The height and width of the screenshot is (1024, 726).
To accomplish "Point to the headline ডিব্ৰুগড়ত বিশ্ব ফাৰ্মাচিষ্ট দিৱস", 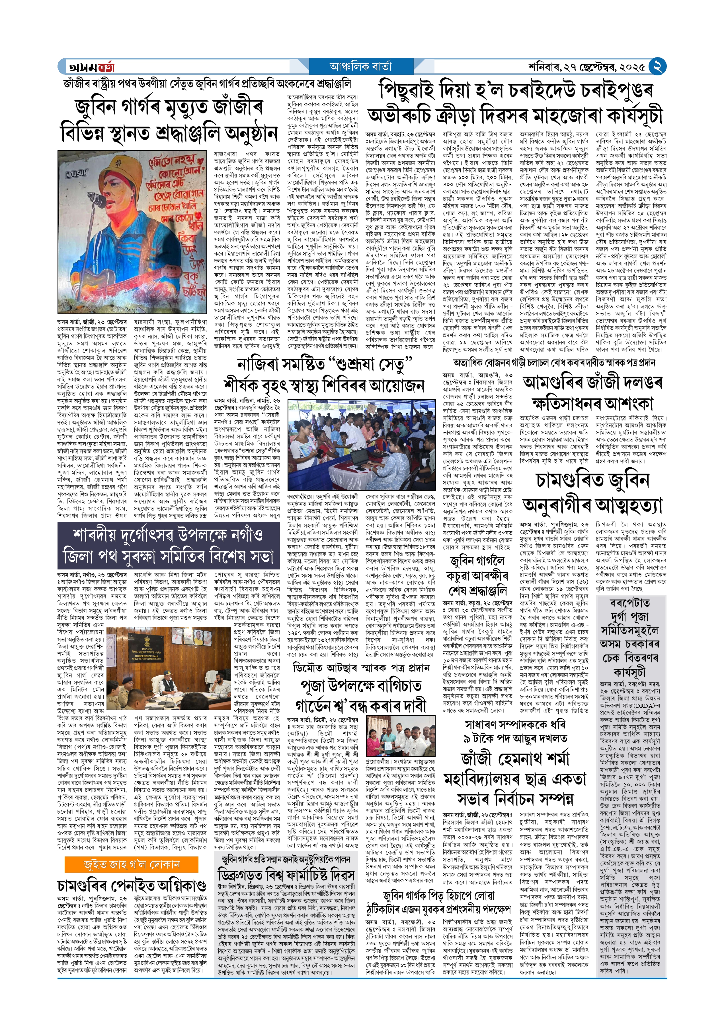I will tap(286, 875).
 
